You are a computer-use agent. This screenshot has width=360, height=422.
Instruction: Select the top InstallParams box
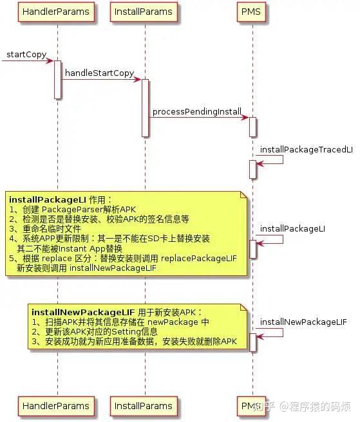tap(142, 12)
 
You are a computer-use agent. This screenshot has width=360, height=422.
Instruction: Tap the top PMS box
tap(252, 12)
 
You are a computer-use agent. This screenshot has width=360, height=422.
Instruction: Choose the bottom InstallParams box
tap(142, 406)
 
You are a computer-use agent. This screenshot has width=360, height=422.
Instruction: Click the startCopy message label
tap(26, 55)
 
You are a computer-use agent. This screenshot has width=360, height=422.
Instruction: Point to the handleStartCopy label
tap(99, 73)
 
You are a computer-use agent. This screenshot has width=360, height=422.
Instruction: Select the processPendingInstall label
tap(196, 111)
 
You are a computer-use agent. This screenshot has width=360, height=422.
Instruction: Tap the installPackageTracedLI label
tap(307, 149)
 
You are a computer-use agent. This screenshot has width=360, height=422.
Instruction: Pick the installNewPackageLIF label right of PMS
tap(303, 322)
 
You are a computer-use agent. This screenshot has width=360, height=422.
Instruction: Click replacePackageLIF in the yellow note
tap(199, 258)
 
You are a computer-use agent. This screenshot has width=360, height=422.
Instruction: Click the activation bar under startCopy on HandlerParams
tap(57, 80)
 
